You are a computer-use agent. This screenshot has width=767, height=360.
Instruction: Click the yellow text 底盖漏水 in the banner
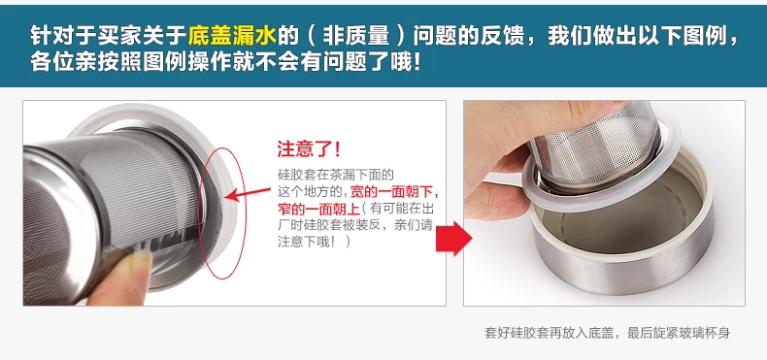(232, 35)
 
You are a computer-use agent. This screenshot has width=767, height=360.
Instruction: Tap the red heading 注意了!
(309, 149)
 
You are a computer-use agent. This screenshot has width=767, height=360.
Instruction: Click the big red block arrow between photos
(453, 238)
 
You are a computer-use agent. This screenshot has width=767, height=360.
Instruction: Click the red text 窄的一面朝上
(318, 209)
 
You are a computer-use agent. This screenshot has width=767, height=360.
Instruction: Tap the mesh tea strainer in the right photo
(595, 147)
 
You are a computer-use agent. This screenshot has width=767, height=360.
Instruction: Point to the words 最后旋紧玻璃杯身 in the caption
(679, 333)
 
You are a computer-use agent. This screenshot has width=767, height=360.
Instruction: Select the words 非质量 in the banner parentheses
(360, 35)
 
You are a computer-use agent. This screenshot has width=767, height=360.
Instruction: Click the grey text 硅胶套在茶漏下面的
(336, 175)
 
